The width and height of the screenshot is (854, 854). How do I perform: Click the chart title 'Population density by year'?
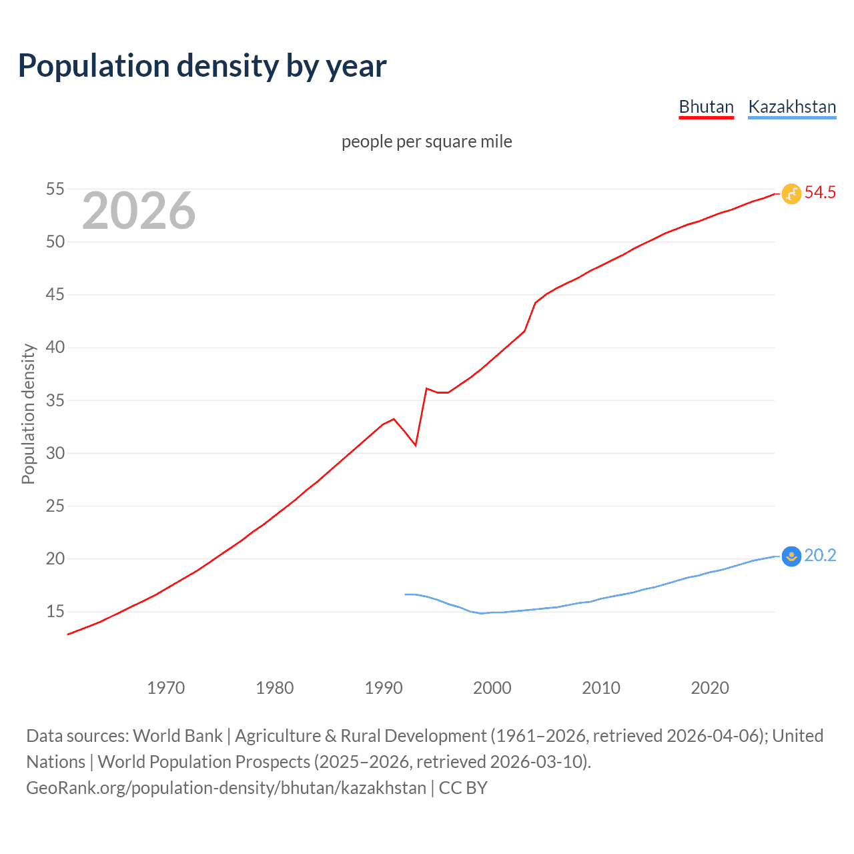pyautogui.click(x=202, y=66)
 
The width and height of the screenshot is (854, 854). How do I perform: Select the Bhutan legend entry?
pyautogui.click(x=706, y=107)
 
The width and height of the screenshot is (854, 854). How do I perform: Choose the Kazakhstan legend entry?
pyautogui.click(x=792, y=107)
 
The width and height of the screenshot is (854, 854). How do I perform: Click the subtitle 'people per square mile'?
pyautogui.click(x=426, y=141)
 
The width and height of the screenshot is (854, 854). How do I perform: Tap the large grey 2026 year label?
pyautogui.click(x=139, y=211)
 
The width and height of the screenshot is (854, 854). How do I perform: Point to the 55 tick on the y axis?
pyautogui.click(x=55, y=189)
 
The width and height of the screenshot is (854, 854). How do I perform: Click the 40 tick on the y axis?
pyautogui.click(x=55, y=348)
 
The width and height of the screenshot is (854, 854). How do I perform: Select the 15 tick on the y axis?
pyautogui.click(x=55, y=612)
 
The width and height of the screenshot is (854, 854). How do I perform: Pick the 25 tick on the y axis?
pyautogui.click(x=55, y=506)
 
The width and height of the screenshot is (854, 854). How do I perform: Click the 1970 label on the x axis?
pyautogui.click(x=165, y=688)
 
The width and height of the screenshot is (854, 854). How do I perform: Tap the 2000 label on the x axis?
pyautogui.click(x=492, y=688)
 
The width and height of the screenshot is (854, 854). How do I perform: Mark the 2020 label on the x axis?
pyautogui.click(x=709, y=688)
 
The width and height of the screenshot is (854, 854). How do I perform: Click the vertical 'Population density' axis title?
pyautogui.click(x=28, y=414)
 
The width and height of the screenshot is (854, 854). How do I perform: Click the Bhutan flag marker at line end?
pyautogui.click(x=791, y=193)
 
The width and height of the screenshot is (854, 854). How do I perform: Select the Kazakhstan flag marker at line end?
pyautogui.click(x=791, y=556)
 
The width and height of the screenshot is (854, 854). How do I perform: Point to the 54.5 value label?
pyautogui.click(x=820, y=193)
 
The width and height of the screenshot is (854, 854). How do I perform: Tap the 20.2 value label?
pyautogui.click(x=820, y=556)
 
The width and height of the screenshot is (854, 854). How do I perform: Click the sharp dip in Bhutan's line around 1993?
pyautogui.click(x=416, y=445)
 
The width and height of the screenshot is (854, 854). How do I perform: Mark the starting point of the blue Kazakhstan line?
pyautogui.click(x=405, y=594)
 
